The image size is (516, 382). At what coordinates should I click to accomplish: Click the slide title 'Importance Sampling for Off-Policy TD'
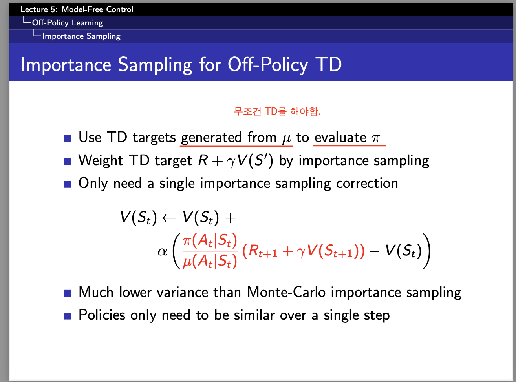pyautogui.click(x=181, y=65)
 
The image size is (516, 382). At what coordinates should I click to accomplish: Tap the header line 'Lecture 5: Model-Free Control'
pyautogui.click(x=77, y=9)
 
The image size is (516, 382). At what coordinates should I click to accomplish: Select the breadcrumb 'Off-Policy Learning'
pyautogui.click(x=68, y=23)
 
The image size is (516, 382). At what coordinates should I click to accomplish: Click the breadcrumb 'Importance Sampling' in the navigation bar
pyautogui.click(x=81, y=36)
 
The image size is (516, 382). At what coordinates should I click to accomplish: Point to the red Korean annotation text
pyautogui.click(x=277, y=111)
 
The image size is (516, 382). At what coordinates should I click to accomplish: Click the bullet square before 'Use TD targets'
pyautogui.click(x=68, y=138)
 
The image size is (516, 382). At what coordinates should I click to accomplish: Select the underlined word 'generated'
pyautogui.click(x=211, y=138)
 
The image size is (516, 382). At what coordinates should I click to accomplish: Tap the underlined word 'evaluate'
pyautogui.click(x=340, y=137)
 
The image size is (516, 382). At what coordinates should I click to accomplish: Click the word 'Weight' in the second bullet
pyautogui.click(x=101, y=160)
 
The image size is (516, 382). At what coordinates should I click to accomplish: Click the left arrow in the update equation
pyautogui.click(x=169, y=218)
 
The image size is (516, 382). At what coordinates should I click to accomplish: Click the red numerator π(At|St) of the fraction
pyautogui.click(x=210, y=240)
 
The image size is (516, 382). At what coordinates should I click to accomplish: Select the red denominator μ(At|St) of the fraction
pyautogui.click(x=210, y=261)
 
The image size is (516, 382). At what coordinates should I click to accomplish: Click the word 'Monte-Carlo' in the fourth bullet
pyautogui.click(x=286, y=292)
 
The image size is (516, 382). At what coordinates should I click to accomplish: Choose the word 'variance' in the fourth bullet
pyautogui.click(x=182, y=292)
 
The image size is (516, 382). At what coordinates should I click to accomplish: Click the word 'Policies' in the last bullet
pyautogui.click(x=102, y=315)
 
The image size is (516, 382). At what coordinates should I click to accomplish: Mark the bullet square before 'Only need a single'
pyautogui.click(x=68, y=184)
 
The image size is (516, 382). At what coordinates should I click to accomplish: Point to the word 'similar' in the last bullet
pyautogui.click(x=254, y=315)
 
